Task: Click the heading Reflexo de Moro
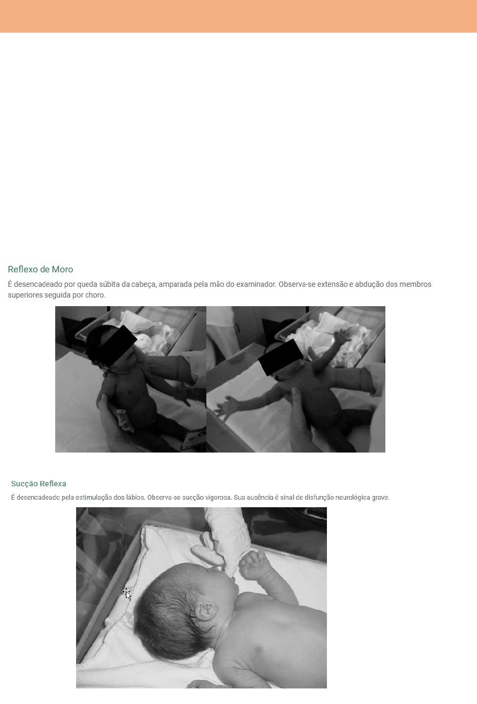point(41,269)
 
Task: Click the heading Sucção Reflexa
point(39,484)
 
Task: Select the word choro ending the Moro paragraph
point(95,295)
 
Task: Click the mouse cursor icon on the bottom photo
point(126,594)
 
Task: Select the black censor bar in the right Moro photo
point(280,357)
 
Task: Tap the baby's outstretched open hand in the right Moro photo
point(226,407)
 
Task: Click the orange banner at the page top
point(238,16)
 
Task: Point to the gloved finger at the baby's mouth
point(229,562)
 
